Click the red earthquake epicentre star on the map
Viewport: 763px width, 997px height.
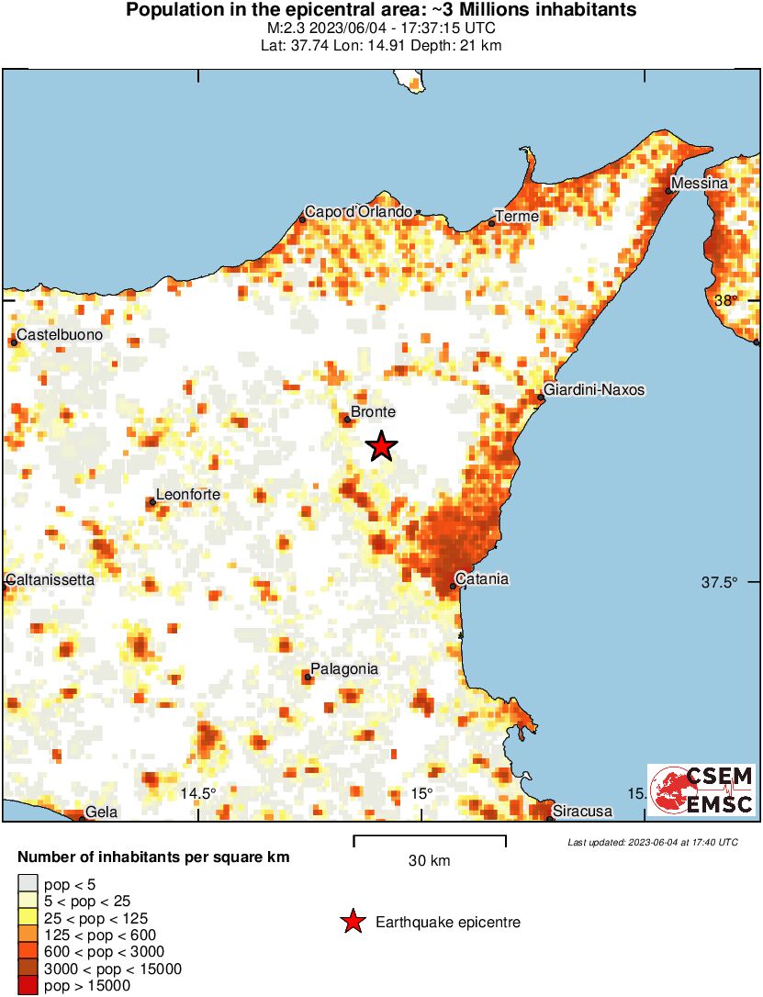coord(382,446)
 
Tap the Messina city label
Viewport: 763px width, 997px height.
coord(700,184)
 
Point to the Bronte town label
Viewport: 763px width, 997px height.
coord(374,413)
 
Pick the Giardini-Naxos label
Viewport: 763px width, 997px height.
coord(594,390)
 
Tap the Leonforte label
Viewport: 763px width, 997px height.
coord(188,495)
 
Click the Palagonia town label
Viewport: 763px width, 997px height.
coord(344,669)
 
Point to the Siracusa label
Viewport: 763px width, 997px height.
coord(582,812)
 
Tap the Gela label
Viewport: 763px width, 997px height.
coord(98,812)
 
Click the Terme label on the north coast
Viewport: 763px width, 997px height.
coord(516,217)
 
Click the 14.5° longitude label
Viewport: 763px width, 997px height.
coord(197,793)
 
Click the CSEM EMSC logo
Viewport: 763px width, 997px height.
coord(701,790)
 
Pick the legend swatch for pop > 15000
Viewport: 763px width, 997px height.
coord(28,986)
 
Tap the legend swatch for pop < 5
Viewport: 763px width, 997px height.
coord(28,885)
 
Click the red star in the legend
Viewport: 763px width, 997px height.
coord(352,923)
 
